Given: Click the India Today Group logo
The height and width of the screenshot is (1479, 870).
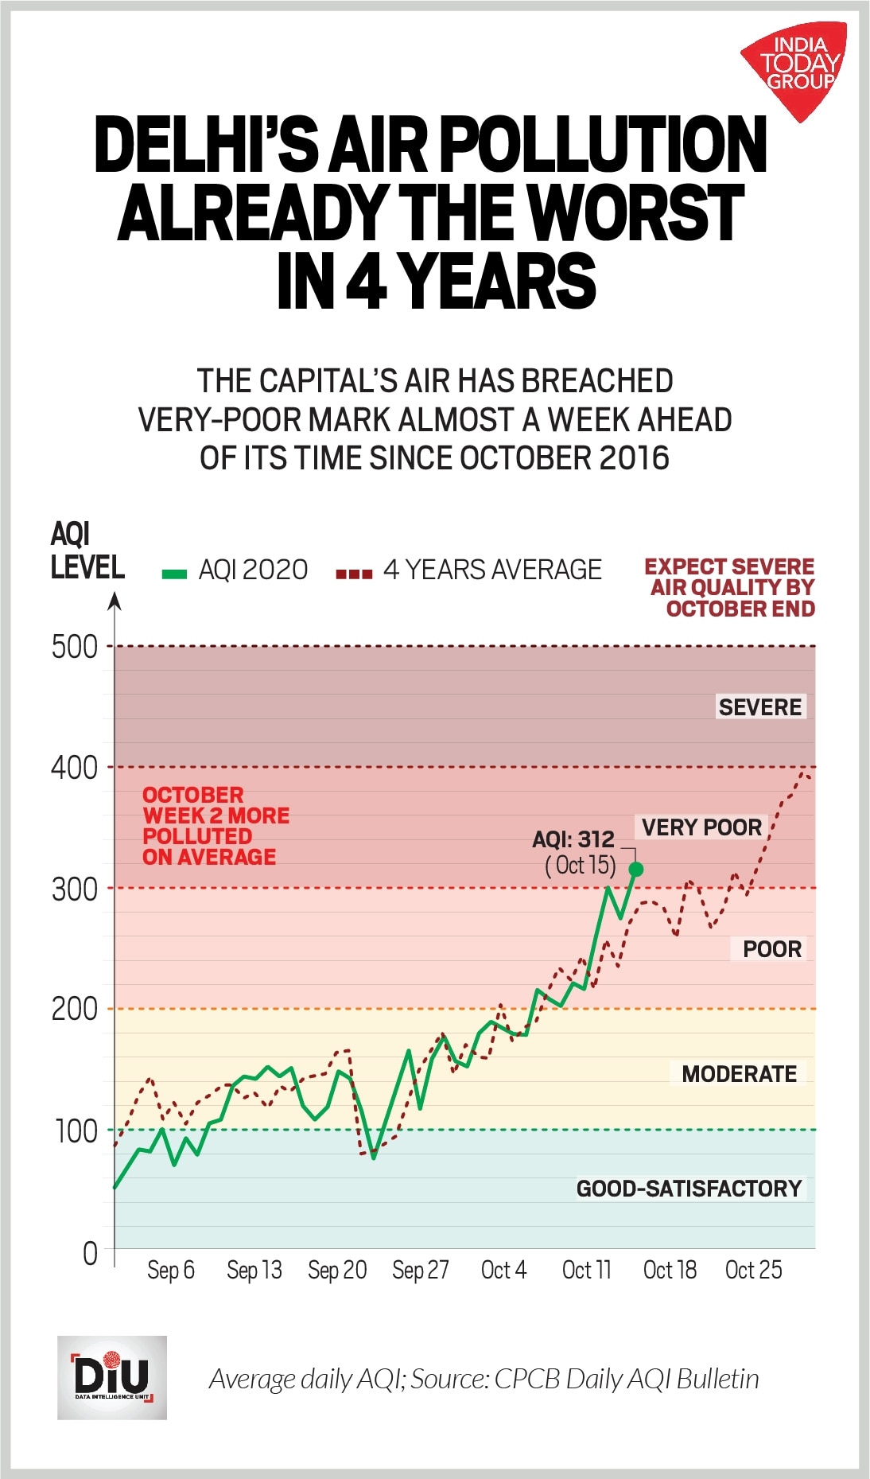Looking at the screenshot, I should pyautogui.click(x=795, y=67).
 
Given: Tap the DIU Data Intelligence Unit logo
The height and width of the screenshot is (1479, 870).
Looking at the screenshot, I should pyautogui.click(x=112, y=1377).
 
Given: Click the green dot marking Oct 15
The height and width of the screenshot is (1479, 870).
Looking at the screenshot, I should pyautogui.click(x=635, y=870).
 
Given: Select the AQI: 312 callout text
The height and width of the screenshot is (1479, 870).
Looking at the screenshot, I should pyautogui.click(x=573, y=839).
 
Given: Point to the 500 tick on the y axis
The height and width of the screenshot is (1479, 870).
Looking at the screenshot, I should pyautogui.click(x=75, y=647).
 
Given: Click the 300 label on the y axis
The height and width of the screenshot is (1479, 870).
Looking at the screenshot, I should pyautogui.click(x=75, y=889).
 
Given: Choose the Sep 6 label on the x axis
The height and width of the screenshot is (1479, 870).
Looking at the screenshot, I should pyautogui.click(x=171, y=1270).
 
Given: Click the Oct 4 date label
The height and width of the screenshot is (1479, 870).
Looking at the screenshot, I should pyautogui.click(x=503, y=1270).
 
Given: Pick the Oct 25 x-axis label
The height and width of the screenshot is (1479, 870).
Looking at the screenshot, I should pyautogui.click(x=753, y=1270).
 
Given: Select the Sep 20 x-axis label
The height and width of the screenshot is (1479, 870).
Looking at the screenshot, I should pyautogui.click(x=337, y=1270).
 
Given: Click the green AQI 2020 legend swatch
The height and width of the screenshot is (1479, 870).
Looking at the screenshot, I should pyautogui.click(x=174, y=573).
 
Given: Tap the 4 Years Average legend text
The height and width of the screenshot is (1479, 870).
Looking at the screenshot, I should pyautogui.click(x=492, y=570).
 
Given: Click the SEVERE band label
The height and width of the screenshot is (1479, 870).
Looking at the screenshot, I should pyautogui.click(x=759, y=706).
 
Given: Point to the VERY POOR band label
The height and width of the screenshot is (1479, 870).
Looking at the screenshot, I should pyautogui.click(x=701, y=827).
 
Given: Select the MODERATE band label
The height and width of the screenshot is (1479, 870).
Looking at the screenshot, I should pyautogui.click(x=739, y=1074).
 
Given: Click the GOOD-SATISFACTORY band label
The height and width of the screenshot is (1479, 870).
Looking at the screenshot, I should pyautogui.click(x=689, y=1189).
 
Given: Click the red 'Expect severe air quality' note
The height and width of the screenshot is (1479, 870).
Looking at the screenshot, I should pyautogui.click(x=730, y=587).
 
